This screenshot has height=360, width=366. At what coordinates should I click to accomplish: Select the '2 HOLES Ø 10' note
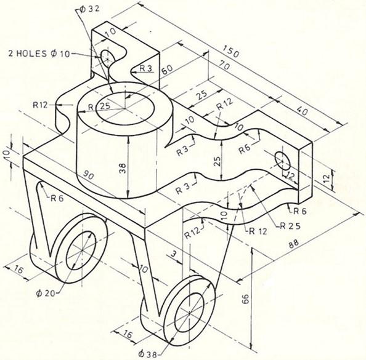(x=40, y=54)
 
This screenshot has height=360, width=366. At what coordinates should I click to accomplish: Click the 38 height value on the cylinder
(x=123, y=167)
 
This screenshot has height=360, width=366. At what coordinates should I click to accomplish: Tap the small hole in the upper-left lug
(x=107, y=58)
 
